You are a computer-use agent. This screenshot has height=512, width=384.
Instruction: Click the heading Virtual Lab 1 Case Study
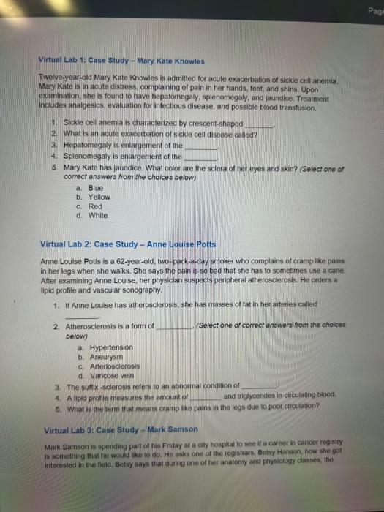click(x=121, y=61)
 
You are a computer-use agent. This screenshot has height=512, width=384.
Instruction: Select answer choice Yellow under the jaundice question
click(x=99, y=197)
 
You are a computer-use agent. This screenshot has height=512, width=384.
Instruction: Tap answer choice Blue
click(x=95, y=187)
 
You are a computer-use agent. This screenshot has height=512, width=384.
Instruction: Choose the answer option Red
click(x=95, y=206)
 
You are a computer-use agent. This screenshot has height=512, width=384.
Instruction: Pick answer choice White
click(x=97, y=216)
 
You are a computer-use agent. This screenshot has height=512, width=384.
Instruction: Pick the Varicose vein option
click(x=106, y=375)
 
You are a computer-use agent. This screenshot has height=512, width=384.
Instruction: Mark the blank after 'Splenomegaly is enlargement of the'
click(x=200, y=156)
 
